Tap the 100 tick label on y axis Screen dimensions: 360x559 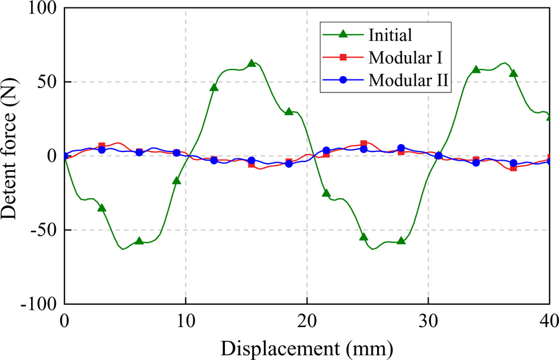pyautogui.click(x=40, y=9)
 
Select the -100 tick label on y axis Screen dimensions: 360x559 pyautogui.click(x=37, y=304)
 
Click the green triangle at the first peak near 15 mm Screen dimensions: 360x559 pyautogui.click(x=252, y=63)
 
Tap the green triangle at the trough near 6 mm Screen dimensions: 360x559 pyautogui.click(x=139, y=240)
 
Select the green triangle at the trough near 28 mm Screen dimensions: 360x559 pyautogui.click(x=401, y=240)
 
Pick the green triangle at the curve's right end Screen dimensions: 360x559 pyautogui.click(x=550, y=116)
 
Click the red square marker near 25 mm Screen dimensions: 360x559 pyautogui.click(x=364, y=144)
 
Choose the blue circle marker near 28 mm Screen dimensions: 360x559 pyautogui.click(x=401, y=148)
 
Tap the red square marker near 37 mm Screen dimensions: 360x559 pyautogui.click(x=513, y=168)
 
